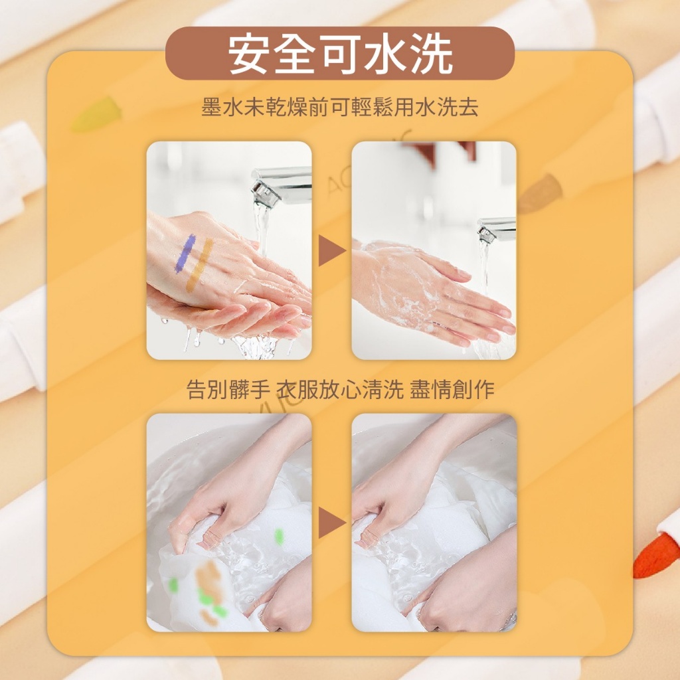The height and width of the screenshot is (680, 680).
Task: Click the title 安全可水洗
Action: click(339, 53)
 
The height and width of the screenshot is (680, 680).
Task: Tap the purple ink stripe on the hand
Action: click(184, 254)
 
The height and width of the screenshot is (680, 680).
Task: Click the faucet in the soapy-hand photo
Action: click(497, 229)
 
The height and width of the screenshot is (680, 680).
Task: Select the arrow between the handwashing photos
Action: click(331, 251)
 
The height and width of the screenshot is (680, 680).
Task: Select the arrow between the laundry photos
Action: click(331, 523)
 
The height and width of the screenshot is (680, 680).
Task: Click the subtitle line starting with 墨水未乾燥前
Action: click(339, 108)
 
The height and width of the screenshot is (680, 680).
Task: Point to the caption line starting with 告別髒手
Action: click(339, 390)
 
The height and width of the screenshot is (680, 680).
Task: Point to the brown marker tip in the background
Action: click(539, 193)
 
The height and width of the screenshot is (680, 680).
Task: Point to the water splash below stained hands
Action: click(256, 345)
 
